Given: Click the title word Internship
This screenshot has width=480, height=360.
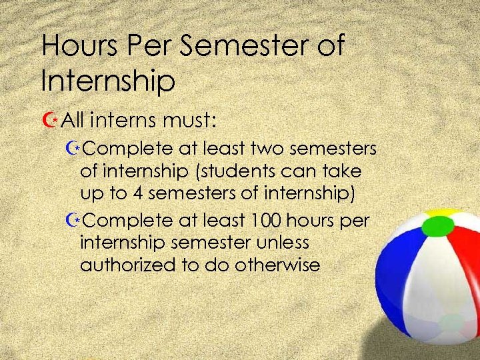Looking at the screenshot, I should click(x=108, y=81).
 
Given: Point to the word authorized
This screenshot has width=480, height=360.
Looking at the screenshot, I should click(x=127, y=265).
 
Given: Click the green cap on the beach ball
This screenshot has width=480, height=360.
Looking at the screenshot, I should click(x=434, y=227).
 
